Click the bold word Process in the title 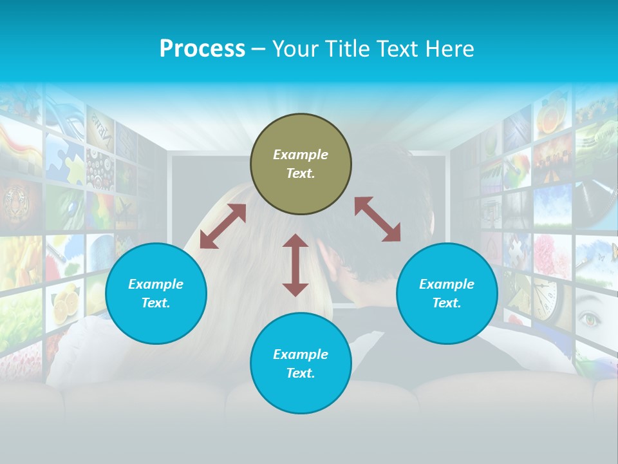click(x=202, y=49)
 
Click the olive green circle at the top click(x=301, y=164)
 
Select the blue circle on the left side click(x=156, y=293)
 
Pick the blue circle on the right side click(x=447, y=293)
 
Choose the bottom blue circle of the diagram click(x=301, y=363)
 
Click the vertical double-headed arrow click(x=295, y=265)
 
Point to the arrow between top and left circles click(x=223, y=226)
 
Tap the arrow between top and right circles click(x=377, y=220)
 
